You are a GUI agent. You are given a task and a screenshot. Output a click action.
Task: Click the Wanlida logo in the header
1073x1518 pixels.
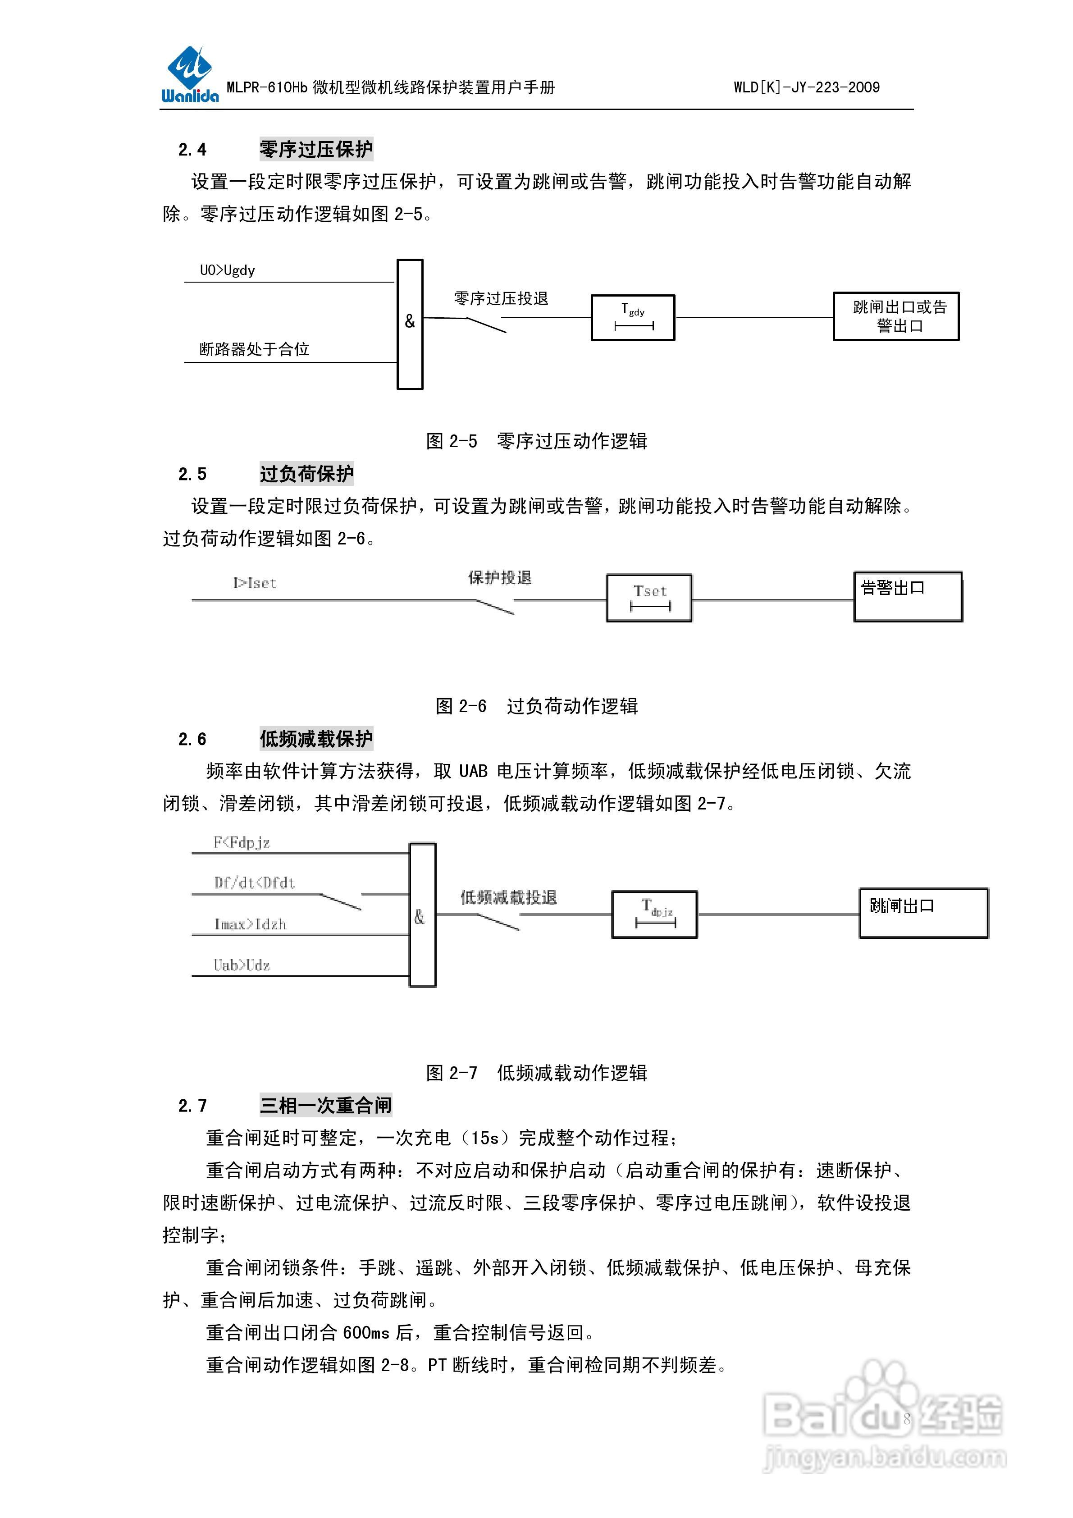[x=190, y=75]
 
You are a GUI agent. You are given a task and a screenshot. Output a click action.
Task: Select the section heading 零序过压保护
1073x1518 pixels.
[x=316, y=150]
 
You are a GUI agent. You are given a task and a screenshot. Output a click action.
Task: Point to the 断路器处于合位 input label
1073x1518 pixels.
[x=255, y=349]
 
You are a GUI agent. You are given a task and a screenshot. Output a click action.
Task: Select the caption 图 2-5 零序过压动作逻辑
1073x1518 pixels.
[x=536, y=441]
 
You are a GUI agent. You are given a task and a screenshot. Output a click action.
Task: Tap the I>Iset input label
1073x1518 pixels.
[x=255, y=583]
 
